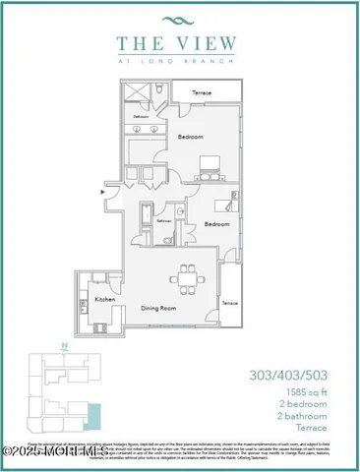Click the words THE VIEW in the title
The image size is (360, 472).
(x=180, y=42)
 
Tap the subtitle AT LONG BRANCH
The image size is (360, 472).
(x=180, y=60)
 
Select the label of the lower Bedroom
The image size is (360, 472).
(x=216, y=224)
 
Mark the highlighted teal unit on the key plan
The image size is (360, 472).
(x=93, y=417)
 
